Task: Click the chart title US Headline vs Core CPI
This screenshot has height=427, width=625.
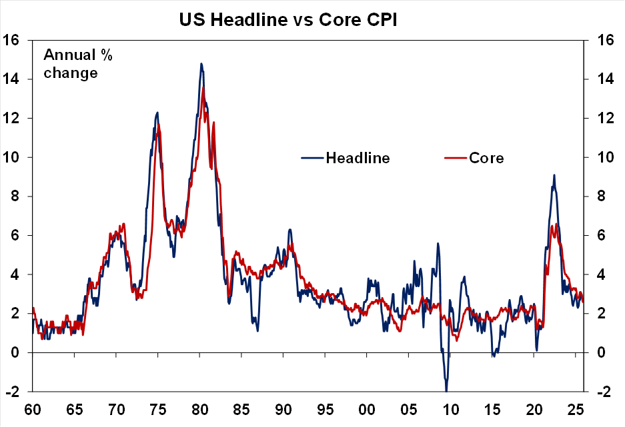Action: [287, 21]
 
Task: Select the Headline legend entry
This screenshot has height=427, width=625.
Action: [357, 158]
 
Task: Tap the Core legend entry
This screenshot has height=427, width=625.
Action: [486, 158]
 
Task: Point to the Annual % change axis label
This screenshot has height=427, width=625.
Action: [77, 64]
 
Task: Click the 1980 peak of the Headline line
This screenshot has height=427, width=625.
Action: [201, 64]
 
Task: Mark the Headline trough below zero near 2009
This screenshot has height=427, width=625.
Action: [446, 390]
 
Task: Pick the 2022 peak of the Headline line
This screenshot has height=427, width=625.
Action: [554, 175]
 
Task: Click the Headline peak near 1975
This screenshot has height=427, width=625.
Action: [157, 113]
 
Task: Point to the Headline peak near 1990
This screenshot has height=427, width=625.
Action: [289, 230]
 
